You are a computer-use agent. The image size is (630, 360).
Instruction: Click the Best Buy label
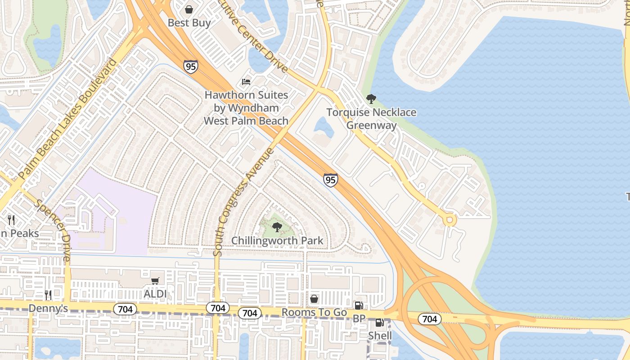point(189,22)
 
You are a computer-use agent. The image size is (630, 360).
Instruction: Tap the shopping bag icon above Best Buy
point(189,9)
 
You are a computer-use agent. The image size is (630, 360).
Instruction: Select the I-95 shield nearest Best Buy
point(190,67)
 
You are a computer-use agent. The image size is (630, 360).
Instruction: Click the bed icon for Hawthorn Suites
point(246,81)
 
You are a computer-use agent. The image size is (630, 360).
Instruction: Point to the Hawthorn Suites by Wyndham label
point(246,108)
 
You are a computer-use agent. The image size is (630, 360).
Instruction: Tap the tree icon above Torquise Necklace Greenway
point(371,99)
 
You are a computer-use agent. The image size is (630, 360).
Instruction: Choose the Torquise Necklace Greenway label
point(371,119)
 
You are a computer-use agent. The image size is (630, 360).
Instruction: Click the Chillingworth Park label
point(277,241)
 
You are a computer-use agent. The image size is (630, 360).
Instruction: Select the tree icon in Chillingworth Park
point(277,227)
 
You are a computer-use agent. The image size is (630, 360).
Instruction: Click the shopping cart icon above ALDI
point(155,281)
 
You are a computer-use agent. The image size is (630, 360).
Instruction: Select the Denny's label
point(48,309)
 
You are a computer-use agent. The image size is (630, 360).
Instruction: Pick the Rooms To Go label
point(314,312)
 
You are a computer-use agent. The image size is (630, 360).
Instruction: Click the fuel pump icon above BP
point(359,306)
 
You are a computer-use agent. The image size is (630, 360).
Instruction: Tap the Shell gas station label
point(380,336)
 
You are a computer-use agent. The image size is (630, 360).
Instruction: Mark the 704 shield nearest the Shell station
point(429,319)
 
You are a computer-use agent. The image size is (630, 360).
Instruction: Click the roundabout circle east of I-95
point(449,220)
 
